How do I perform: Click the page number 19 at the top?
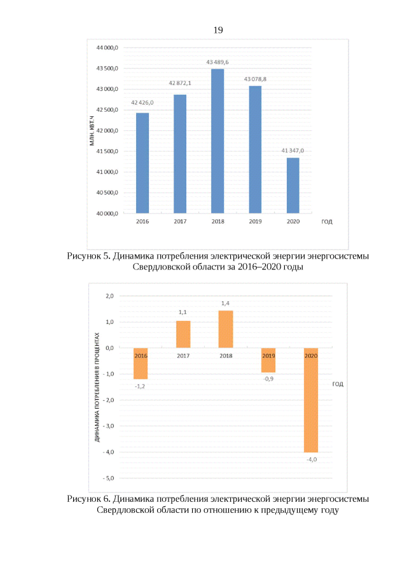point(218,30)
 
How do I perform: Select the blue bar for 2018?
point(217,141)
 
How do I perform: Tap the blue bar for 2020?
point(293,186)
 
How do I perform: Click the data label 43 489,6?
point(217,62)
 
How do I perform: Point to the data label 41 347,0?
point(293,151)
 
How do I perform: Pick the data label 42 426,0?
point(142,102)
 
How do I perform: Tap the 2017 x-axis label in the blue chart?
point(180,222)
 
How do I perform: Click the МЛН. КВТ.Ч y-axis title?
point(92,130)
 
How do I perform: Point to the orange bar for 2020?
point(311,400)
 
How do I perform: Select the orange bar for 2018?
point(226,329)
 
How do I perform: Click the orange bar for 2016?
point(141,363)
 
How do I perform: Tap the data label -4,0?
point(311,459)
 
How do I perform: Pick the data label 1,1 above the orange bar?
point(183,313)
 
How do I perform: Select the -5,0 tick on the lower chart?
point(109,478)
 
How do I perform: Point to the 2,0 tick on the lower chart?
point(110,296)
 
